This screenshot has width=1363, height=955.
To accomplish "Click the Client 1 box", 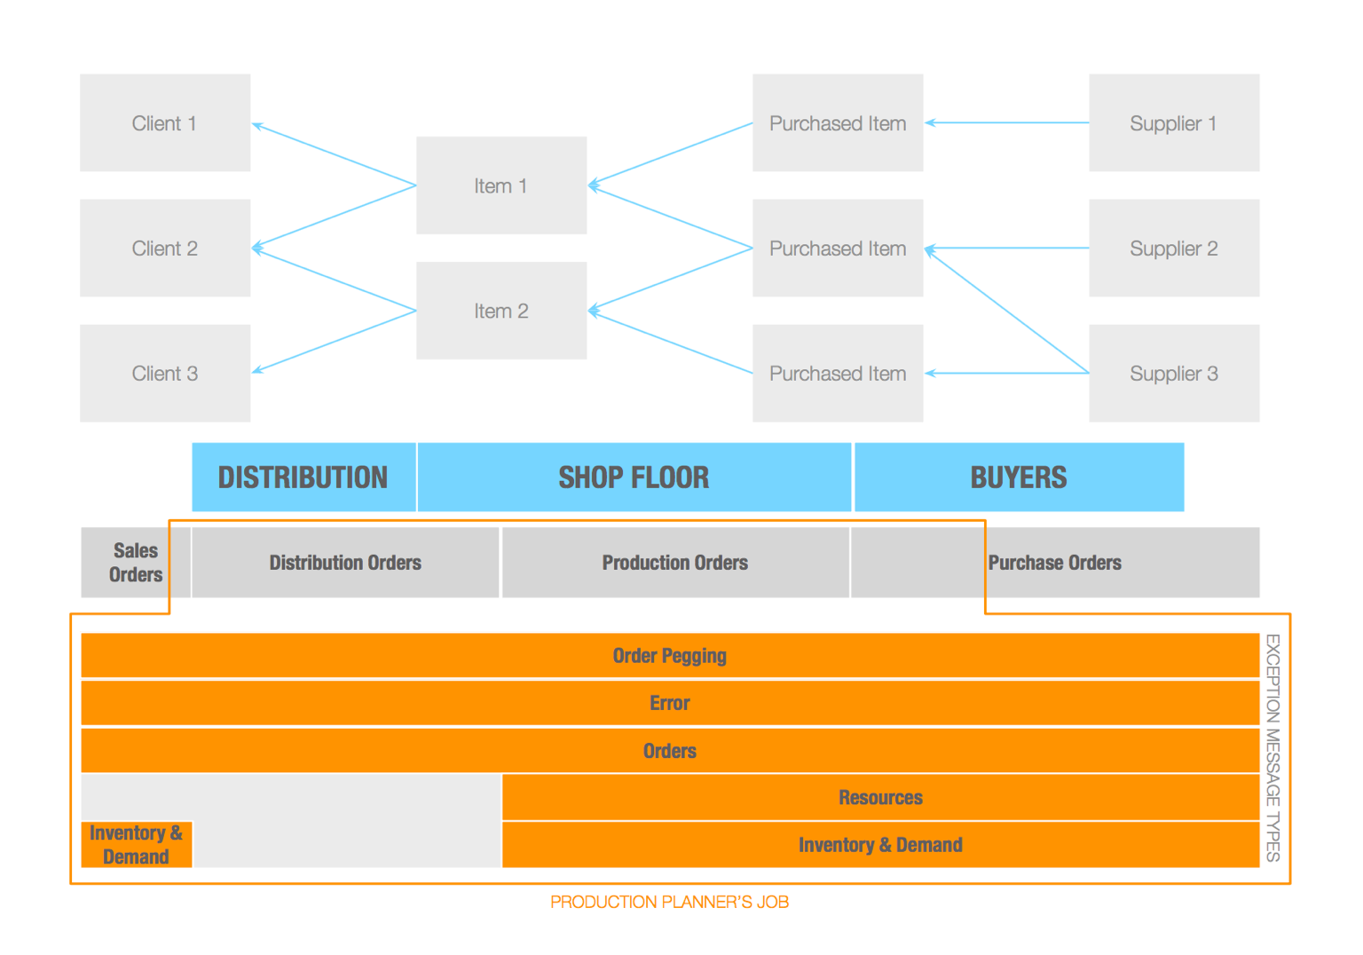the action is [x=165, y=123].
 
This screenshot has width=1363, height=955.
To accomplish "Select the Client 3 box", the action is [x=165, y=373].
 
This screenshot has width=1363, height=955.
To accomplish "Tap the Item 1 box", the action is [x=501, y=185].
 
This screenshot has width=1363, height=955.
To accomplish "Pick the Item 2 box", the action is [x=501, y=311].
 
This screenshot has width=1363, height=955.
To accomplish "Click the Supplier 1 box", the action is [x=1174, y=123].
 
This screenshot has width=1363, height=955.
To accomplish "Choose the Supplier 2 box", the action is [x=1174, y=248].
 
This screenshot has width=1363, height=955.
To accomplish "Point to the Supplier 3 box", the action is [x=1174, y=373].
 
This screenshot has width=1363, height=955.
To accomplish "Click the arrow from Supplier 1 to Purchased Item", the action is [x=1006, y=123].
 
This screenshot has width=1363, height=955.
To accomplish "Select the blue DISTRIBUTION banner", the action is [x=303, y=477].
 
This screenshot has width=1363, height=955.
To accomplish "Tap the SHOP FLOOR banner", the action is [x=634, y=477].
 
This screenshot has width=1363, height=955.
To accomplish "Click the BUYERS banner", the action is [x=1020, y=477].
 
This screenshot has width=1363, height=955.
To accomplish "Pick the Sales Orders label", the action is [x=136, y=563].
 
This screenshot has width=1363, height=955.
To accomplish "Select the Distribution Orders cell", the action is [x=345, y=563].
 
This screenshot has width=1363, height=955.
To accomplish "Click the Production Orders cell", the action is [x=675, y=563].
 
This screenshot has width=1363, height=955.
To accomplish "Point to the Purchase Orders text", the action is [x=1054, y=563].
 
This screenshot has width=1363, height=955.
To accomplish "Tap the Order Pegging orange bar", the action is [x=670, y=656].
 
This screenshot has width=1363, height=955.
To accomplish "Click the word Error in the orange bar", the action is [x=670, y=703].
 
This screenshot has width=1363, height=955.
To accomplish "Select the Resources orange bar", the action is [x=880, y=797].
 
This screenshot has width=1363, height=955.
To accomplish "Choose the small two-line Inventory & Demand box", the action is [x=137, y=844].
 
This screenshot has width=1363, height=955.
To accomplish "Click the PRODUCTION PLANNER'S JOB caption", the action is [x=669, y=902].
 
